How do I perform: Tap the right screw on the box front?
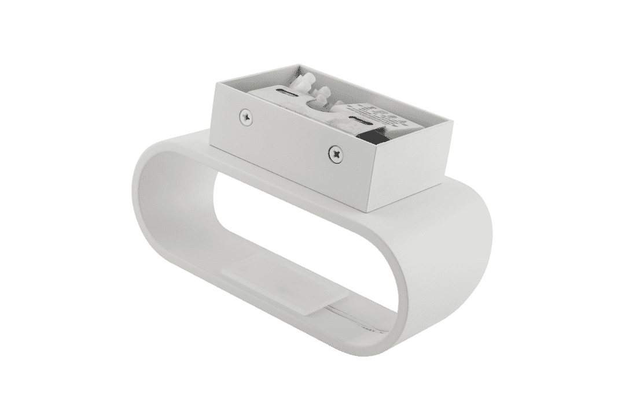pos(336,153)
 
